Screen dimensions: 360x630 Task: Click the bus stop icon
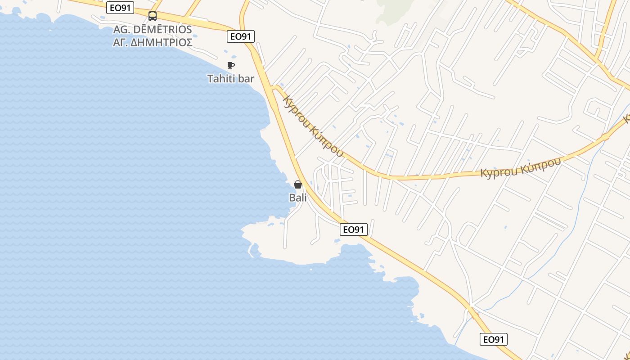coord(153,17)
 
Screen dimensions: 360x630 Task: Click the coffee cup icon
coord(231,65)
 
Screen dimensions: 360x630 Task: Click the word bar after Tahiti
coord(246,79)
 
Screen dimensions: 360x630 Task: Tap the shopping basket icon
coord(297,184)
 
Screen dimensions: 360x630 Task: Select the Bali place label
coord(297,198)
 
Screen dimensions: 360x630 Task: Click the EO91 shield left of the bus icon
coord(120,8)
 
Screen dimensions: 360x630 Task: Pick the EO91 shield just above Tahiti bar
coord(241,36)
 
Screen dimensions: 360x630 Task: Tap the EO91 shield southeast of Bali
coord(353,229)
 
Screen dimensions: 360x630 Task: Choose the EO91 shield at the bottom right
coord(493,339)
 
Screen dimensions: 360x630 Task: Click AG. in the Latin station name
coord(121,30)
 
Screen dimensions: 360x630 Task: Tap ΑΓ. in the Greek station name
coord(121,43)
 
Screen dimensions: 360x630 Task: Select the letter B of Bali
coord(292,198)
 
